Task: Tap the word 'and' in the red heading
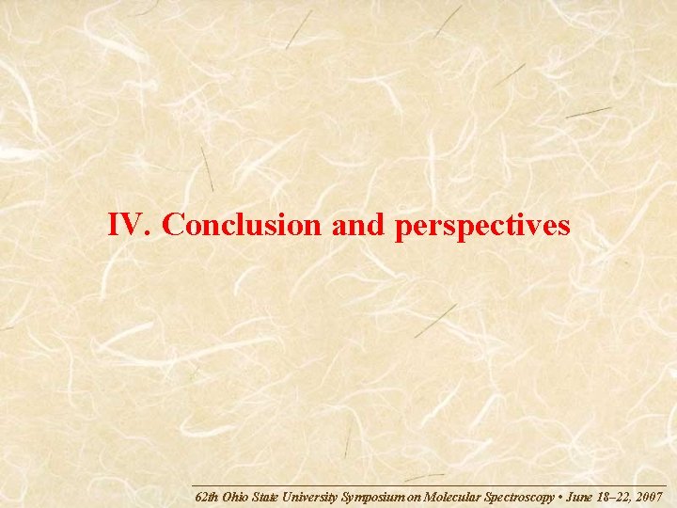coord(360,225)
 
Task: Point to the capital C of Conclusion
coord(172,225)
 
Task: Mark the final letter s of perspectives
coord(563,228)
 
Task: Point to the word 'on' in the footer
coord(415,496)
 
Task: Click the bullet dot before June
coord(560,496)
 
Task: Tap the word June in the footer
coord(579,496)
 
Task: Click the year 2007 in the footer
coord(650,496)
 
